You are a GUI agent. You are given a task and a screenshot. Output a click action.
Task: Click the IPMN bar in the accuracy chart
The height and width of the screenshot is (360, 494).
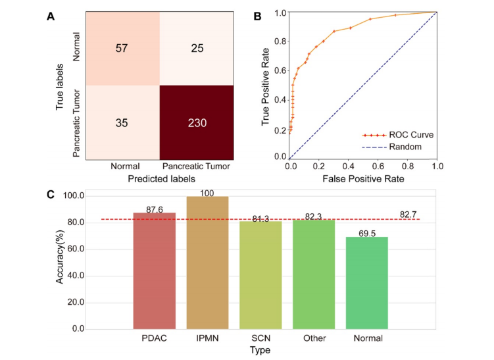208,263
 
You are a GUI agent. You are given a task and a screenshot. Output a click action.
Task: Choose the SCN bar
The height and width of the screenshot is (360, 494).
260,275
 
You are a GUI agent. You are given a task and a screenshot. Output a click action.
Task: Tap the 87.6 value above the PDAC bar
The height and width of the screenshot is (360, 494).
155,209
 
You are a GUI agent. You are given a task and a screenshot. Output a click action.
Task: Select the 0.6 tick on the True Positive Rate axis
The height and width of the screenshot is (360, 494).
281,70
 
